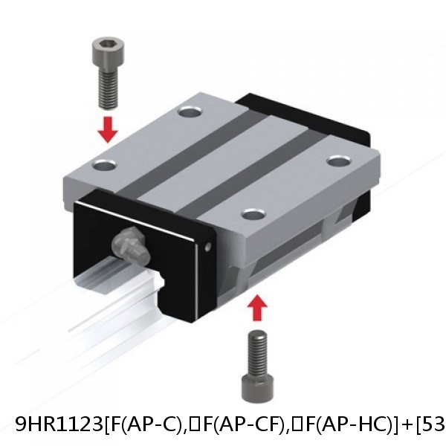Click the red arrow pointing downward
pyautogui.click(x=109, y=128)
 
